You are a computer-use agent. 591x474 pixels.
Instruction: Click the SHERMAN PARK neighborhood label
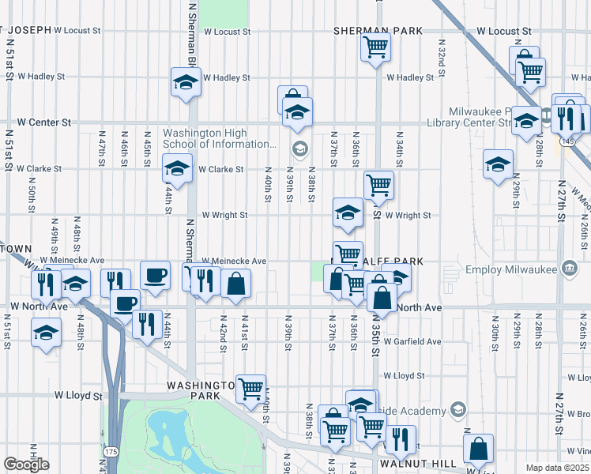378,30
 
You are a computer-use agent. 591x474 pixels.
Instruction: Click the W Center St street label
44,122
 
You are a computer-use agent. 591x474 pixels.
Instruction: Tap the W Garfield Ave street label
413,341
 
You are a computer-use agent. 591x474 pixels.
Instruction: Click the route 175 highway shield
107,450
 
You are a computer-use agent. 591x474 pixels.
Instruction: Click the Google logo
26,465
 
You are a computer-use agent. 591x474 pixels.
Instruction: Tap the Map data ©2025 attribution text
558,468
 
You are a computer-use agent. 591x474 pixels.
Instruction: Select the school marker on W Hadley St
186,82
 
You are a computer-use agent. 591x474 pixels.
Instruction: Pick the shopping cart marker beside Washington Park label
251,389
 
